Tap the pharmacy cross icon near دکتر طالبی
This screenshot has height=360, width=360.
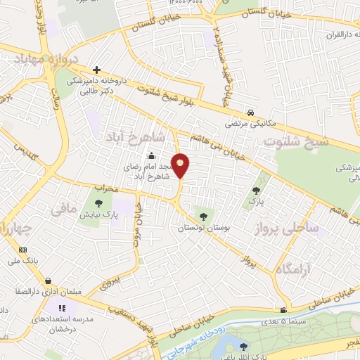pyautogui.click(x=96, y=70)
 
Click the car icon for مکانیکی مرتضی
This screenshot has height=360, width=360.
pyautogui.click(x=251, y=112)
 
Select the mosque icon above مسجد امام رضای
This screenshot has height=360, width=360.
pyautogui.click(x=150, y=156)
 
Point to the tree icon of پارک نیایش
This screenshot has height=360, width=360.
pyautogui.click(x=97, y=204)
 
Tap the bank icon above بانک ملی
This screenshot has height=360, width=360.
pyautogui.click(x=22, y=250)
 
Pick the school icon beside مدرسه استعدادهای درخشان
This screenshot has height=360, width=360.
pyautogui.click(x=62, y=307)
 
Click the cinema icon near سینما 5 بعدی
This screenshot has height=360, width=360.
pyautogui.click(x=283, y=310)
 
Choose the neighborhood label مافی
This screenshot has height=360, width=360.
pyautogui.click(x=59, y=208)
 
